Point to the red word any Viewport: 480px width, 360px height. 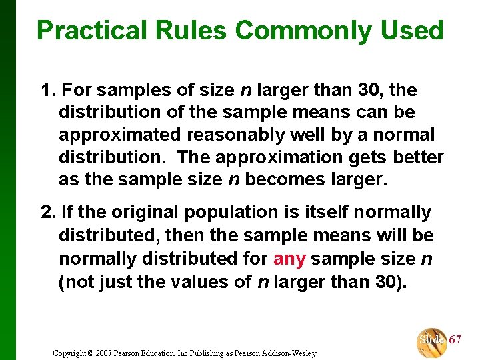click(x=289, y=258)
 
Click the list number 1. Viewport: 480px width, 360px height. click(x=47, y=89)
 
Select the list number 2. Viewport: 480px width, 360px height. click(x=47, y=213)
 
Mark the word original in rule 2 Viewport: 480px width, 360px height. click(x=145, y=213)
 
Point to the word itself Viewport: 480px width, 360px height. click(x=328, y=213)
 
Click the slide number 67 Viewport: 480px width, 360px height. click(x=455, y=339)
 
